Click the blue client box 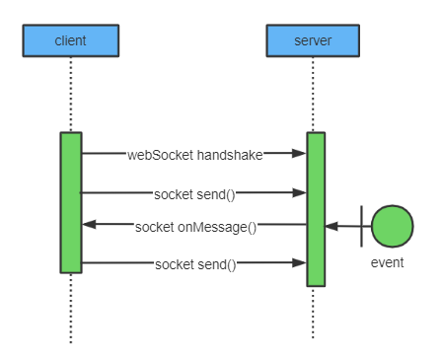click(70, 40)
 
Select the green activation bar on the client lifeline click(70, 202)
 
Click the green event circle click(393, 227)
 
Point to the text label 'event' click(387, 263)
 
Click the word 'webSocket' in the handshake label click(160, 154)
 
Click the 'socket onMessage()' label click(195, 226)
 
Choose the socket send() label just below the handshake click(194, 193)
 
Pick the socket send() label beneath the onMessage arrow click(194, 263)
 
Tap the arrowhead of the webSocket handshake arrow click(299, 154)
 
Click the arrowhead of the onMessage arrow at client click(88, 225)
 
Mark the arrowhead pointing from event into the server click(331, 227)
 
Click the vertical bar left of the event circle click(362, 227)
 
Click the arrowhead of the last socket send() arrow click(299, 263)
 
